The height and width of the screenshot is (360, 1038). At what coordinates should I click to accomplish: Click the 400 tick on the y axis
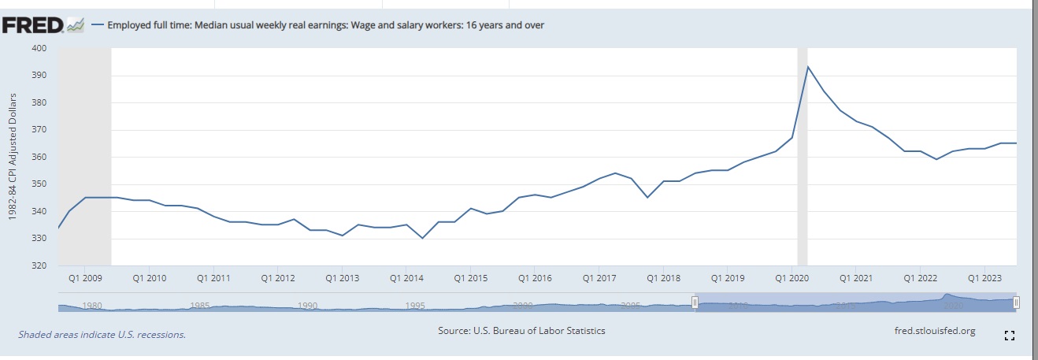coord(39,48)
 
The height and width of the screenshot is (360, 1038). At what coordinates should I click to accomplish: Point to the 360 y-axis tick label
coord(39,157)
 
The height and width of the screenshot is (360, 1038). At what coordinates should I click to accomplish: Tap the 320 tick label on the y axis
coord(39,265)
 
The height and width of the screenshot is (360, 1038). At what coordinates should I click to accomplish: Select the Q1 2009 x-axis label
coord(84,278)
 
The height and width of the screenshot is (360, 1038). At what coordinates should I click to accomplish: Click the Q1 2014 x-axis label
coord(406,278)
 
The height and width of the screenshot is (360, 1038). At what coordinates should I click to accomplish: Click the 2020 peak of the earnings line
coord(807,66)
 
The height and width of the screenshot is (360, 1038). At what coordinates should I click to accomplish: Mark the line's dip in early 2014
coord(423,238)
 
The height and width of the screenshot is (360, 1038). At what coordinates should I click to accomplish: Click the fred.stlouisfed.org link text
coord(935,331)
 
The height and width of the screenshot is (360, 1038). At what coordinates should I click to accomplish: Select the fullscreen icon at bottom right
coord(1010,336)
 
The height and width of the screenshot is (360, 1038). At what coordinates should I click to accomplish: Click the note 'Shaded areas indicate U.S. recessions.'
coord(102,334)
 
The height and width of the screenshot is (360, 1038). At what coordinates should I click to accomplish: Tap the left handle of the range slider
coord(695,302)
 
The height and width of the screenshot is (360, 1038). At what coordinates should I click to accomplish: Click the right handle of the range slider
coord(1016,302)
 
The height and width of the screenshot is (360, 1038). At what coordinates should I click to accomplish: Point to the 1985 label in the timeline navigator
coord(200,306)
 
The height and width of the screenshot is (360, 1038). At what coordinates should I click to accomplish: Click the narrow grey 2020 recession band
coord(803,158)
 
